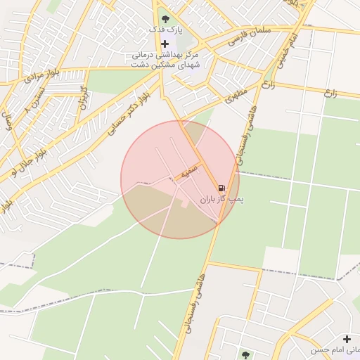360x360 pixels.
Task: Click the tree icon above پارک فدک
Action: click(165, 19)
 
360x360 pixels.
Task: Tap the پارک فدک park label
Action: click(165, 30)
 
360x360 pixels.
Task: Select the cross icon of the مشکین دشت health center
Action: click(165, 44)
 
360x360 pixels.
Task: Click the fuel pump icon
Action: click(222, 188)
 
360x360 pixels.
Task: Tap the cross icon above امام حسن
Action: click(347, 339)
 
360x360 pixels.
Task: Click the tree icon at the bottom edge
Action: click(245, 355)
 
